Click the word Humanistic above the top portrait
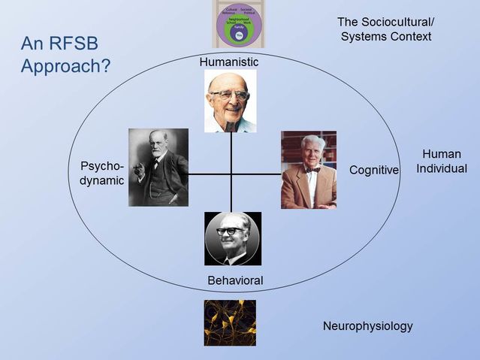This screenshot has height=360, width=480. click(229, 62)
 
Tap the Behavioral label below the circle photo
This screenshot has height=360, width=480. click(235, 280)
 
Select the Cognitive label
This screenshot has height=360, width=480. click(373, 171)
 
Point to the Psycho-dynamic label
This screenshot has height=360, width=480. click(101, 173)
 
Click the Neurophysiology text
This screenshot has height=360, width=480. click(367, 326)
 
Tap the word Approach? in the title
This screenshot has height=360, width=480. click(66, 65)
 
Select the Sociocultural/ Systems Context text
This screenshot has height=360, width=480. click(386, 29)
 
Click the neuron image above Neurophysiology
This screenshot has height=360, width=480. click(230, 322)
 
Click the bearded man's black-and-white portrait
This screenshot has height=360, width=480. click(158, 167)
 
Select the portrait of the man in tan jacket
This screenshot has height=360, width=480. click(309, 170)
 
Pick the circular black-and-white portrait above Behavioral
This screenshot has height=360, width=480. click(233, 238)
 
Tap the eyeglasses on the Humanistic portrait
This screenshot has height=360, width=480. click(229, 96)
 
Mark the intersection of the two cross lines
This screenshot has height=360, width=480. click(231, 174)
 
